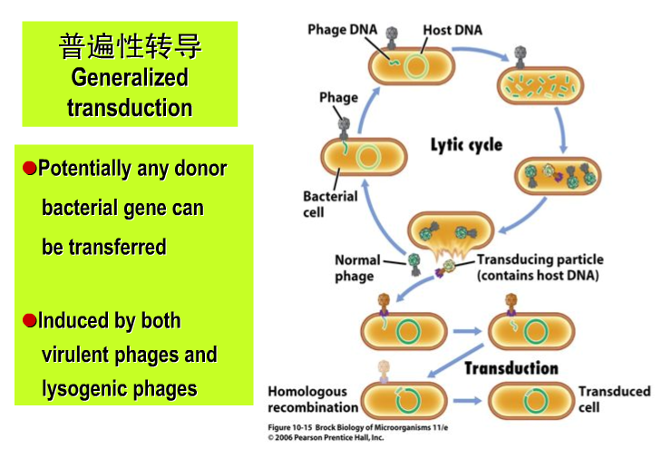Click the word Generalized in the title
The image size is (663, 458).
click(130, 77)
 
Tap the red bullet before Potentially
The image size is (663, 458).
click(29, 168)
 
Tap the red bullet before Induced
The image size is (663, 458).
click(29, 320)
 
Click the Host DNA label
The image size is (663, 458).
click(453, 30)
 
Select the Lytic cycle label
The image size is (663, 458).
click(466, 144)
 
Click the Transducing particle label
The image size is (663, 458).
click(539, 267)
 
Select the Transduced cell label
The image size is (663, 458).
click(614, 399)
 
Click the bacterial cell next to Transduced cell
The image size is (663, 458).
click(530, 400)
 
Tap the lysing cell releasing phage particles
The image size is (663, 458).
click(450, 233)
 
